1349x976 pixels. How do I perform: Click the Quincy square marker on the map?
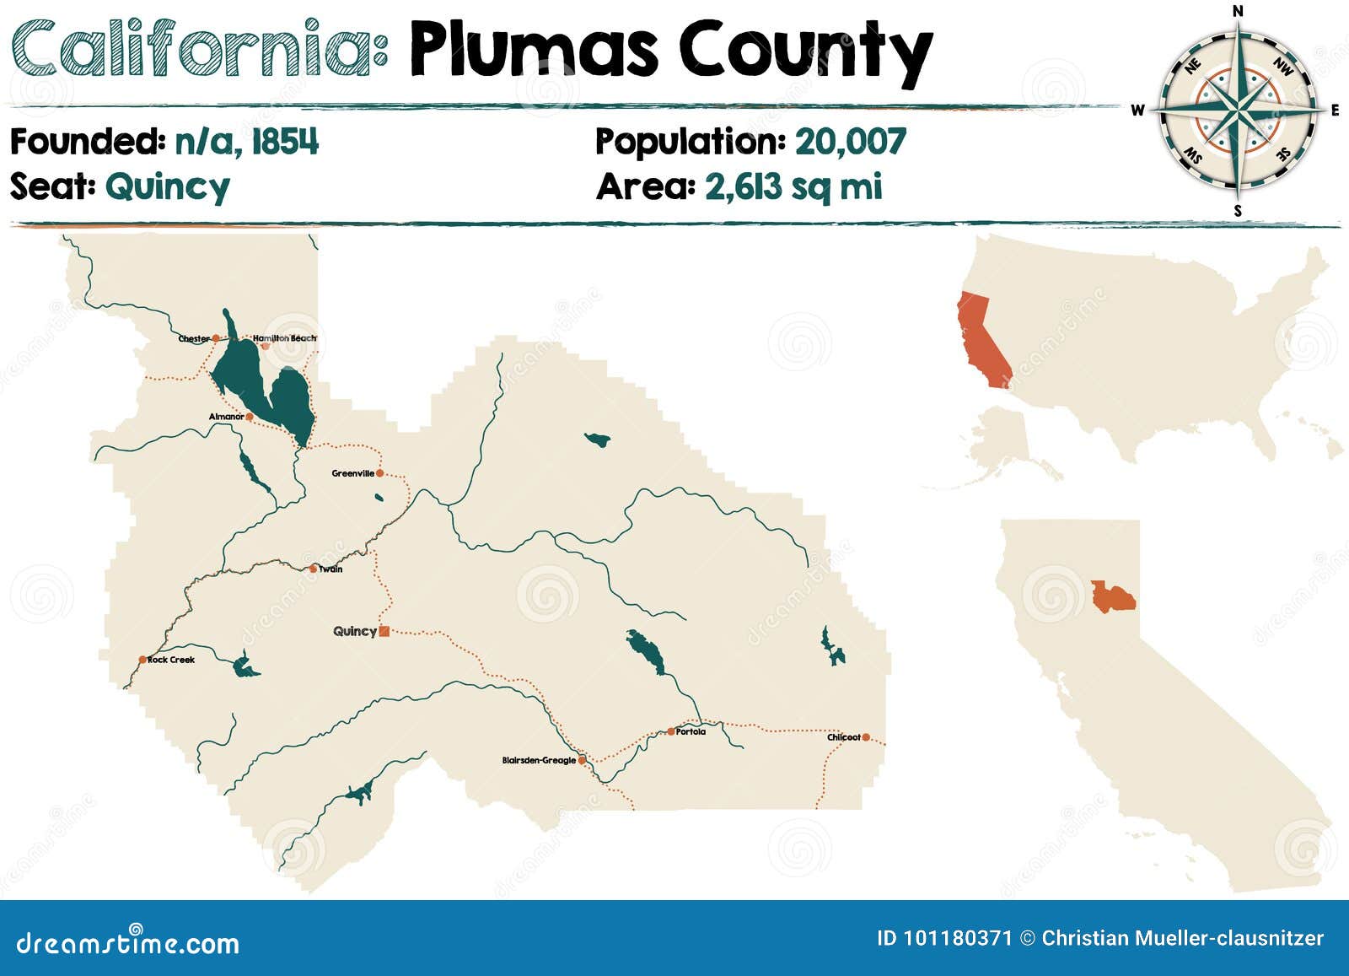pyautogui.click(x=384, y=631)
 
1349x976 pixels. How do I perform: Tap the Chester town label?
pyautogui.click(x=194, y=338)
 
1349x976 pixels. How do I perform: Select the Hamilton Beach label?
pyautogui.click(x=285, y=338)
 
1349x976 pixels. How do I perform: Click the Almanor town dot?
pyautogui.click(x=250, y=417)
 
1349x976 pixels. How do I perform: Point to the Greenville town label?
pyautogui.click(x=352, y=473)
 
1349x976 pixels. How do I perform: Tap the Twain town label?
pyautogui.click(x=331, y=569)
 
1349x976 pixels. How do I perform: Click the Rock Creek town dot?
pyautogui.click(x=142, y=660)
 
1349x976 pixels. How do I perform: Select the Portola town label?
pyautogui.click(x=691, y=731)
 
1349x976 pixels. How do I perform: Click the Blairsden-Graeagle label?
pyautogui.click(x=539, y=760)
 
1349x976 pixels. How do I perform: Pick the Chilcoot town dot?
pyautogui.click(x=866, y=737)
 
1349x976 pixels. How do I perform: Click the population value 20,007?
pyautogui.click(x=850, y=142)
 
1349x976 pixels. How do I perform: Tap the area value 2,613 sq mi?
pyautogui.click(x=793, y=186)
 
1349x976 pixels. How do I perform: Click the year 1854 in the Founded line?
pyautogui.click(x=285, y=142)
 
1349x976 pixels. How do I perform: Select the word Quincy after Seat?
pyautogui.click(x=167, y=186)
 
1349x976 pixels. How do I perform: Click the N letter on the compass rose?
pyautogui.click(x=1238, y=11)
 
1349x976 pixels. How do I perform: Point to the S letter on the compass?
pyautogui.click(x=1238, y=211)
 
